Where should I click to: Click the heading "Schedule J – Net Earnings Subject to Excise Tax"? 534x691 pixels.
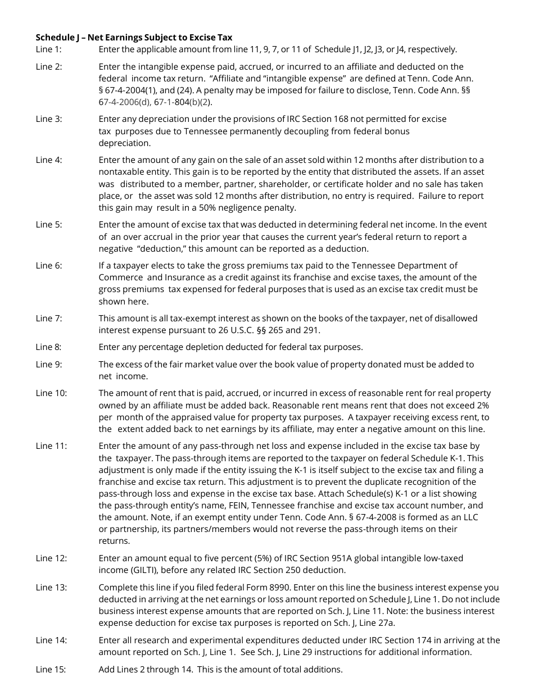[x=134, y=38]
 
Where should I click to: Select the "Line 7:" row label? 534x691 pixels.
[x=49, y=319]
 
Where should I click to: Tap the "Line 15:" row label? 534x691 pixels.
[x=51, y=669]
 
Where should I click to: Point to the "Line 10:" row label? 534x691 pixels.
[x=51, y=393]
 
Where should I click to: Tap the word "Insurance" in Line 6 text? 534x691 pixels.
[x=172, y=278]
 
